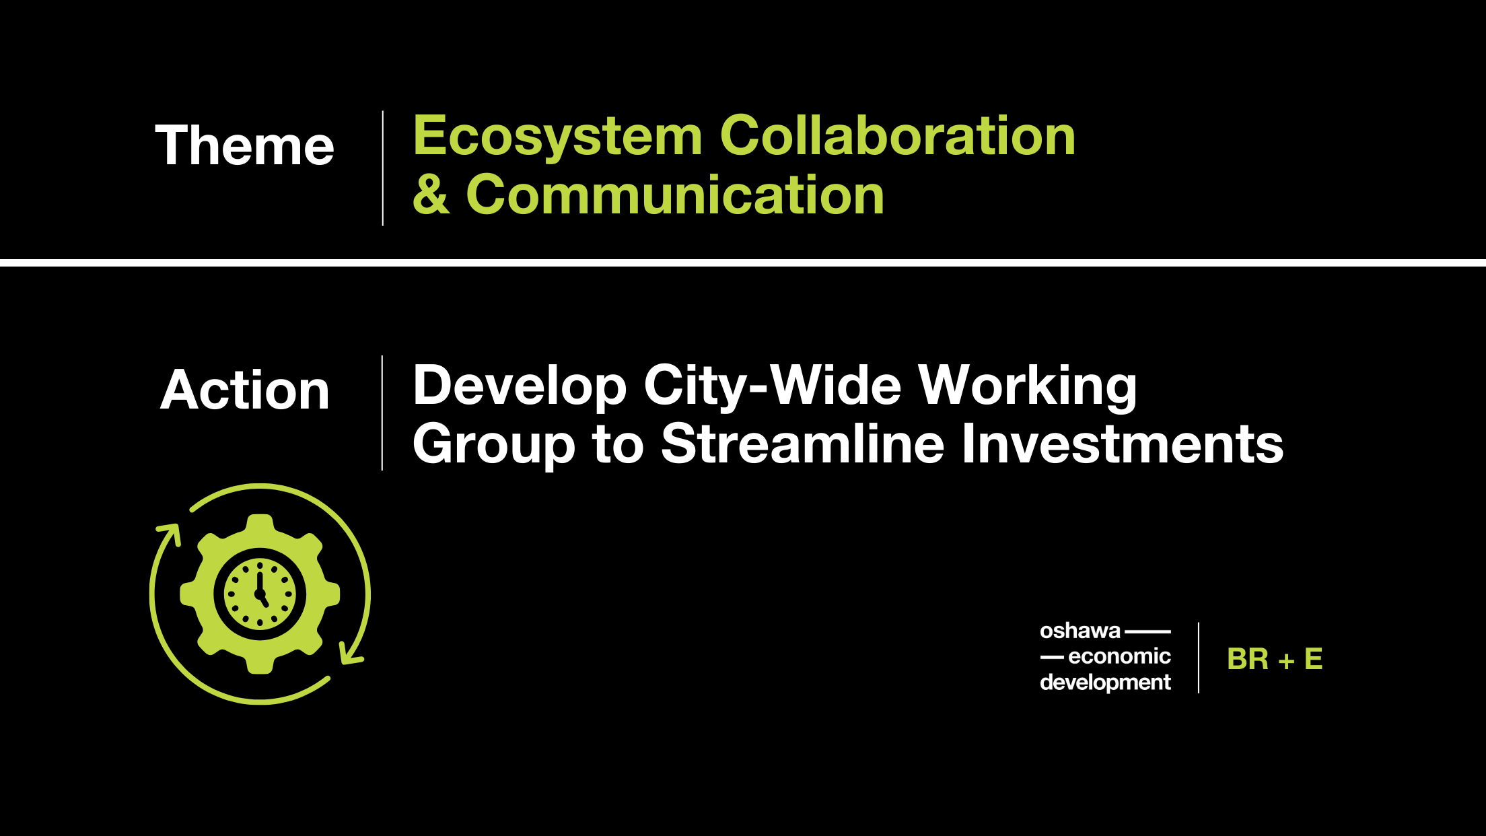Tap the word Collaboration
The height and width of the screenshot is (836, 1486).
click(x=898, y=136)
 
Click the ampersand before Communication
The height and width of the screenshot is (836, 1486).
click(x=431, y=195)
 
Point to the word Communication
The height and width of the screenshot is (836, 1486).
click(x=675, y=195)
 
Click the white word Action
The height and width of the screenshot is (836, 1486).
click(x=245, y=390)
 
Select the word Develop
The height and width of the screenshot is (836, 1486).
click(x=520, y=387)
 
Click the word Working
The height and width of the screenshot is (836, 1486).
click(x=1028, y=387)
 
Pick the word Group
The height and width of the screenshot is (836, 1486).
click(x=494, y=445)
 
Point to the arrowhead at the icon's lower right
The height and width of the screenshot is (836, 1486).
click(x=351, y=652)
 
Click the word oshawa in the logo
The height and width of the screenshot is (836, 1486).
click(x=1080, y=631)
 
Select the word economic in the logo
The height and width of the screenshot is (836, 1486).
click(x=1119, y=656)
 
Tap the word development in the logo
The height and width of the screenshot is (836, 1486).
click(x=1105, y=683)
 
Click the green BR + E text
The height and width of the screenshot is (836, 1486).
click(x=1275, y=659)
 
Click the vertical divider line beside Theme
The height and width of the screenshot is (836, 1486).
click(x=383, y=168)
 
